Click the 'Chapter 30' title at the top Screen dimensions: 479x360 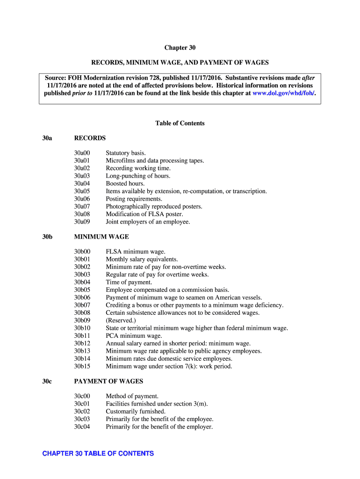(180, 48)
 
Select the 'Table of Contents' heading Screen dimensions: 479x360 (180, 123)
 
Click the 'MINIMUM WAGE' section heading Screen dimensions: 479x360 (101, 237)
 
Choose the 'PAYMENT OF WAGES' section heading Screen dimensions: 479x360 (108, 381)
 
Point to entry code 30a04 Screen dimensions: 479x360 (82, 184)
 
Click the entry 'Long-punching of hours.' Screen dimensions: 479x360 (138, 176)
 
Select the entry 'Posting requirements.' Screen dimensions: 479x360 (134, 199)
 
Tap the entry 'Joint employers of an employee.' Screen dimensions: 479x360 (148, 222)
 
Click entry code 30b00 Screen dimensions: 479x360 (82, 252)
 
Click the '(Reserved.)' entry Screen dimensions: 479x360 (121, 320)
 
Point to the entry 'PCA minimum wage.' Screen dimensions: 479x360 (134, 336)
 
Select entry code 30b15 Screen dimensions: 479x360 (82, 366)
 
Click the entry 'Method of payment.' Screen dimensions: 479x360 (132, 396)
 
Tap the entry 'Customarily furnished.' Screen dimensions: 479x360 (136, 412)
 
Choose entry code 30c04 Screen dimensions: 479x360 (82, 427)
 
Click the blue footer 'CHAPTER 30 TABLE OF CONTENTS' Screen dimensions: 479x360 (98, 454)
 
